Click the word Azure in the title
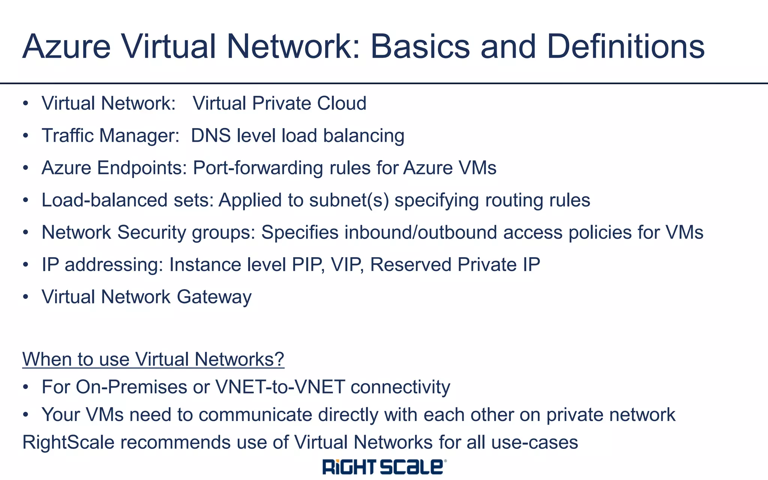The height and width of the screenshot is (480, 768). click(66, 47)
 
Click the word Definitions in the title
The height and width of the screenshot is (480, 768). click(625, 47)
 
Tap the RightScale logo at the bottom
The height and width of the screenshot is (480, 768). click(384, 467)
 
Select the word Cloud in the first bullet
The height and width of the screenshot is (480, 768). click(342, 103)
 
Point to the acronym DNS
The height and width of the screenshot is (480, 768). click(210, 136)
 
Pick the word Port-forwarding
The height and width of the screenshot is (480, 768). click(258, 168)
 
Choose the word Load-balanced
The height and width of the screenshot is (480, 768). click(104, 200)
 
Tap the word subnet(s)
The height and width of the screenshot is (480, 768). click(349, 200)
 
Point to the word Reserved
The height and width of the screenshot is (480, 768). click(411, 265)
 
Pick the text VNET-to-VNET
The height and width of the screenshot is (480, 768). click(280, 387)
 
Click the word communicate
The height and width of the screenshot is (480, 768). click(255, 415)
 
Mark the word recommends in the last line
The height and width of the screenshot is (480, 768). click(175, 442)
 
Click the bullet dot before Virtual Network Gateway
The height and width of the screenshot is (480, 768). click(25, 297)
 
